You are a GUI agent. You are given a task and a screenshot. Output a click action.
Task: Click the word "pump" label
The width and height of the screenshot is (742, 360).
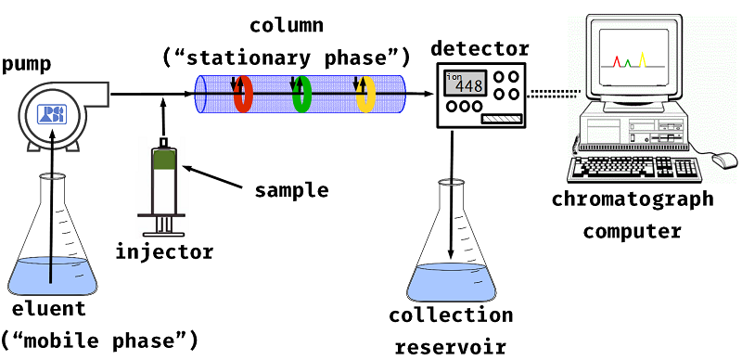pos(27,64)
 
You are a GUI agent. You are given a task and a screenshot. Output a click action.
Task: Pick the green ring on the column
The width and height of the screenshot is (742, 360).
pos(301,94)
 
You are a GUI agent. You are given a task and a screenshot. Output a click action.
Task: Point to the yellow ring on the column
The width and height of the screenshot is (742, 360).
pos(365,94)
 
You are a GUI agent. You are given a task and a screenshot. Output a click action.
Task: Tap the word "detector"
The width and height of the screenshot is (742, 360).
pos(481,48)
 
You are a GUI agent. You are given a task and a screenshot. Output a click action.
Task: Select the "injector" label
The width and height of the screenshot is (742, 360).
pos(165,251)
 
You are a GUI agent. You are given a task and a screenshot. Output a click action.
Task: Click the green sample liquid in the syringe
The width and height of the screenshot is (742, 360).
pos(165,161)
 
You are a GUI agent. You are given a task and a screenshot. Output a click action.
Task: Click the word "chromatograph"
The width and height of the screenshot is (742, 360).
pos(633,199)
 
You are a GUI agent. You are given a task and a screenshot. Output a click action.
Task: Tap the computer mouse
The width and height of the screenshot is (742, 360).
pos(721,161)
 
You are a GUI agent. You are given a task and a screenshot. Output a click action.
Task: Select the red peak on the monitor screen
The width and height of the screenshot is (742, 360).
pos(617,61)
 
